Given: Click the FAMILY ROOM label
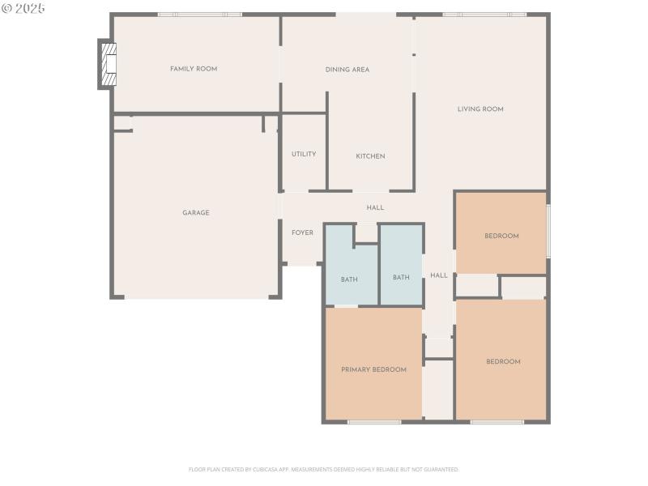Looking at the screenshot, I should pyautogui.click(x=194, y=69).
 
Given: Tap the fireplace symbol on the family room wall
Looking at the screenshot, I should pyautogui.click(x=108, y=63).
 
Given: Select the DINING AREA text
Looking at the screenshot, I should pyautogui.click(x=347, y=70).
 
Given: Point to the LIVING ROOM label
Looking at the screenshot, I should pyautogui.click(x=480, y=109).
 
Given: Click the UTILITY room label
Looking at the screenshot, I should pyautogui.click(x=304, y=154).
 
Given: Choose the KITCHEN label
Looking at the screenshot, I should pyautogui.click(x=370, y=156).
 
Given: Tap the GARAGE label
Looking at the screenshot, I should pyautogui.click(x=195, y=213).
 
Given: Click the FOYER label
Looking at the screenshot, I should pyautogui.click(x=302, y=233).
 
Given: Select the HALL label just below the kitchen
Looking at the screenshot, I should pyautogui.click(x=375, y=208).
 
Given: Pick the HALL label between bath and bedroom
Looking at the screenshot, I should pyautogui.click(x=439, y=275).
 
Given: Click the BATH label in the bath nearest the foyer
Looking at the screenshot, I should pyautogui.click(x=349, y=279).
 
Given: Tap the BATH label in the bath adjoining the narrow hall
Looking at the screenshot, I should pyautogui.click(x=401, y=277).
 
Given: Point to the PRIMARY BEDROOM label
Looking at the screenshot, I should pyautogui.click(x=373, y=369).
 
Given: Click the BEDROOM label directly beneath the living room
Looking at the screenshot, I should pyautogui.click(x=501, y=237).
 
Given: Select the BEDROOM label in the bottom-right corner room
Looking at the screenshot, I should pyautogui.click(x=503, y=362).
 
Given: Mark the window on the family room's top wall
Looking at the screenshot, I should pyautogui.click(x=199, y=15).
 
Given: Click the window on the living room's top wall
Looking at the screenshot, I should pyautogui.click(x=484, y=15).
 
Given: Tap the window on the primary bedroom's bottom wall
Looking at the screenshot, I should pyautogui.click(x=374, y=422).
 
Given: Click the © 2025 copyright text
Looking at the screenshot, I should pyautogui.click(x=24, y=8).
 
